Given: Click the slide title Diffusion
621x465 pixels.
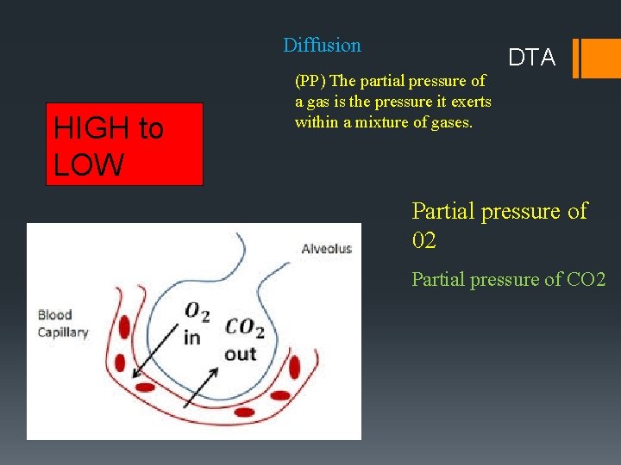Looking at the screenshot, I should pos(322,45).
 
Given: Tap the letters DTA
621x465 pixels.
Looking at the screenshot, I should pos(532,58).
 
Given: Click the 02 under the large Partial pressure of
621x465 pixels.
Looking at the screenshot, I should pos(424,240).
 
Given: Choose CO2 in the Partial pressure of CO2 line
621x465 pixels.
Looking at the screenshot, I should pos(586,280).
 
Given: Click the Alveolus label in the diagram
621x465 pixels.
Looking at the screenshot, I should pos(326,249).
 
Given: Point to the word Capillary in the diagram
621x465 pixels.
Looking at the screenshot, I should pos(63,332).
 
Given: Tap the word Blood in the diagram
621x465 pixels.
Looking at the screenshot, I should pos(54,315).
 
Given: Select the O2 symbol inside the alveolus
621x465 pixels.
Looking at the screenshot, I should pos(198,311).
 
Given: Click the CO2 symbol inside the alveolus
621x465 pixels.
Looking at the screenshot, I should pos(243,328).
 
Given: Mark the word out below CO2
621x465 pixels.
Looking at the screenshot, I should pos(240,353).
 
